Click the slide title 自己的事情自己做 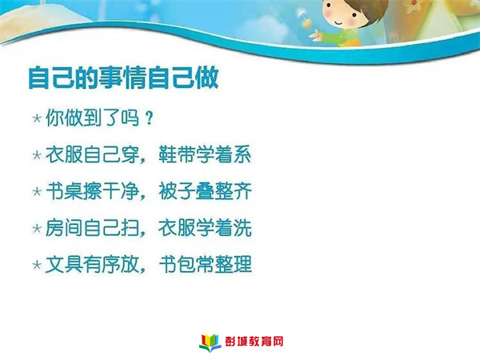[123, 78]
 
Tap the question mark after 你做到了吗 [149, 118]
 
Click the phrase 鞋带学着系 [205, 154]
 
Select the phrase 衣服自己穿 [93, 154]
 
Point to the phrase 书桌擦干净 [93, 191]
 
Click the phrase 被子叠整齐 [205, 191]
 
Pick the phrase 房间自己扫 [93, 228]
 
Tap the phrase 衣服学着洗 [205, 228]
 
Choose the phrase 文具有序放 [93, 265]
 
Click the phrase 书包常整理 [205, 265]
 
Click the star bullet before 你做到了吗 [37, 118]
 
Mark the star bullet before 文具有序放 [37, 265]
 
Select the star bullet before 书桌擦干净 [37, 191]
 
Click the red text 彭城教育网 [254, 342]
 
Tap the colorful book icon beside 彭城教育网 [210, 342]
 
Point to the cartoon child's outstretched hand [317, 36]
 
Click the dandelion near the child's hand [303, 19]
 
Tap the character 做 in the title [207, 78]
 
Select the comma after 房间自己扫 [142, 234]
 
